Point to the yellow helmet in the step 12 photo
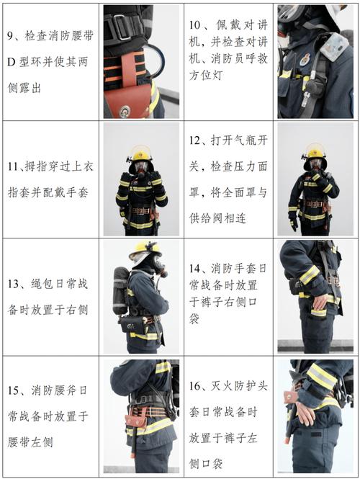click(x=315, y=151)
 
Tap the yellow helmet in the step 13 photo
click(x=144, y=249)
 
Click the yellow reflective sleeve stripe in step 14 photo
click(x=310, y=274)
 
